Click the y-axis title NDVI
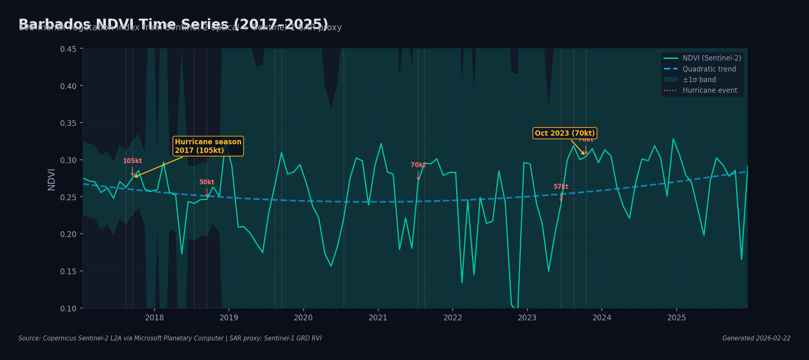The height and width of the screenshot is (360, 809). tap(51, 179)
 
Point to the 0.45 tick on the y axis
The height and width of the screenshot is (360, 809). tap(68, 49)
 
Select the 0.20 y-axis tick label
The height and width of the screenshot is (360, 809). tap(68, 234)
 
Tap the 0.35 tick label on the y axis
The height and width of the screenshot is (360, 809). tap(68, 123)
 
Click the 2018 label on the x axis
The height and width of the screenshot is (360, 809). tap(154, 317)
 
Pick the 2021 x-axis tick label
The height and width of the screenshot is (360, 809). tap(378, 317)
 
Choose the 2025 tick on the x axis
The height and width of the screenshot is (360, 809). tap(676, 317)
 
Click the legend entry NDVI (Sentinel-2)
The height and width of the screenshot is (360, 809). tap(712, 58)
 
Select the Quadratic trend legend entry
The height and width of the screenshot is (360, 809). tap(709, 69)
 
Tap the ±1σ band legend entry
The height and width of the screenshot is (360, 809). tap(699, 80)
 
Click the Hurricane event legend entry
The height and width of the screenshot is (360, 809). tap(710, 90)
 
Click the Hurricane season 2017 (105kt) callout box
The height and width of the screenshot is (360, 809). tap(208, 146)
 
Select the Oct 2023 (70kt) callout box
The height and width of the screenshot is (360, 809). tap(565, 133)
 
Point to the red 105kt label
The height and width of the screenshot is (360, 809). tap(132, 161)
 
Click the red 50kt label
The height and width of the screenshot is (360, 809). tap(206, 182)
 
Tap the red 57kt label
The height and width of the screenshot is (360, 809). tap(561, 186)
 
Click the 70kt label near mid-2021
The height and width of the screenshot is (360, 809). tap(418, 165)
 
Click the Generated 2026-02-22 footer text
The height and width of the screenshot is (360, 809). tap(756, 338)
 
